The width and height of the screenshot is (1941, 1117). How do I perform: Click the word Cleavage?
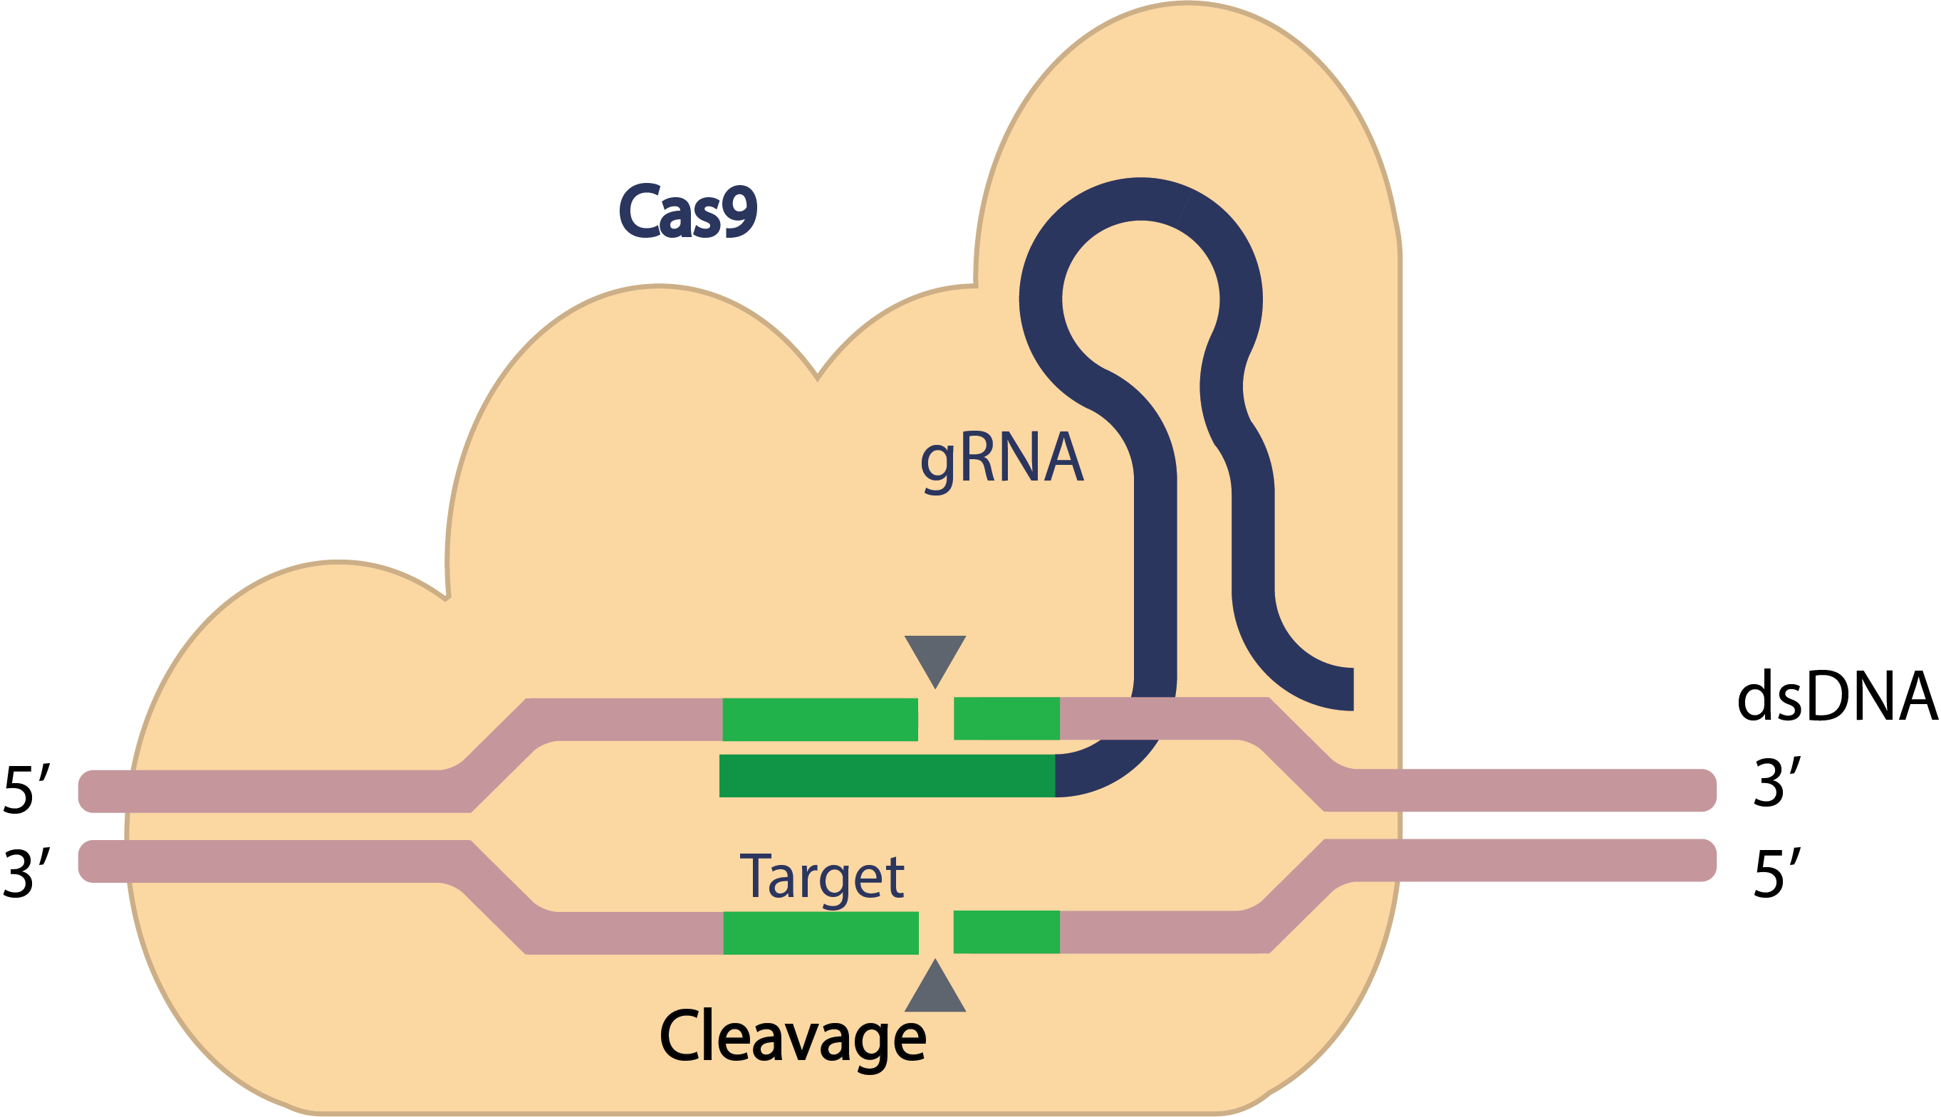click(x=792, y=1037)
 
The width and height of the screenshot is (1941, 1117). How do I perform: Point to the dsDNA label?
click(x=1836, y=696)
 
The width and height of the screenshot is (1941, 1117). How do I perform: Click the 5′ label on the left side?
click(x=28, y=790)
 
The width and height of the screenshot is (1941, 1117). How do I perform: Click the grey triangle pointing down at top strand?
click(x=935, y=656)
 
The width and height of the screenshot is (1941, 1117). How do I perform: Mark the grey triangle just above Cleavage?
click(x=935, y=990)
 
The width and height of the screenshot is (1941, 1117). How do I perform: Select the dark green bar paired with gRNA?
click(x=887, y=775)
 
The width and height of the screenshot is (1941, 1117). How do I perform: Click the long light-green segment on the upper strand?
click(x=820, y=720)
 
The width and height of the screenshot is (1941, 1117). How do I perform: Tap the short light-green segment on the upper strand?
click(x=1006, y=719)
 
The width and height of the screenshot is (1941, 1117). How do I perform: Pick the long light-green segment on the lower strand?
click(x=821, y=933)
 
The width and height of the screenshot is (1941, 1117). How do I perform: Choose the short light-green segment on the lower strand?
click(x=1006, y=932)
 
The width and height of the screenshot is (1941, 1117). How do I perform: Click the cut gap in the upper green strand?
click(x=935, y=720)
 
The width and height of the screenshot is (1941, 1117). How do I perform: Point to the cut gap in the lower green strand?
click(x=935, y=933)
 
